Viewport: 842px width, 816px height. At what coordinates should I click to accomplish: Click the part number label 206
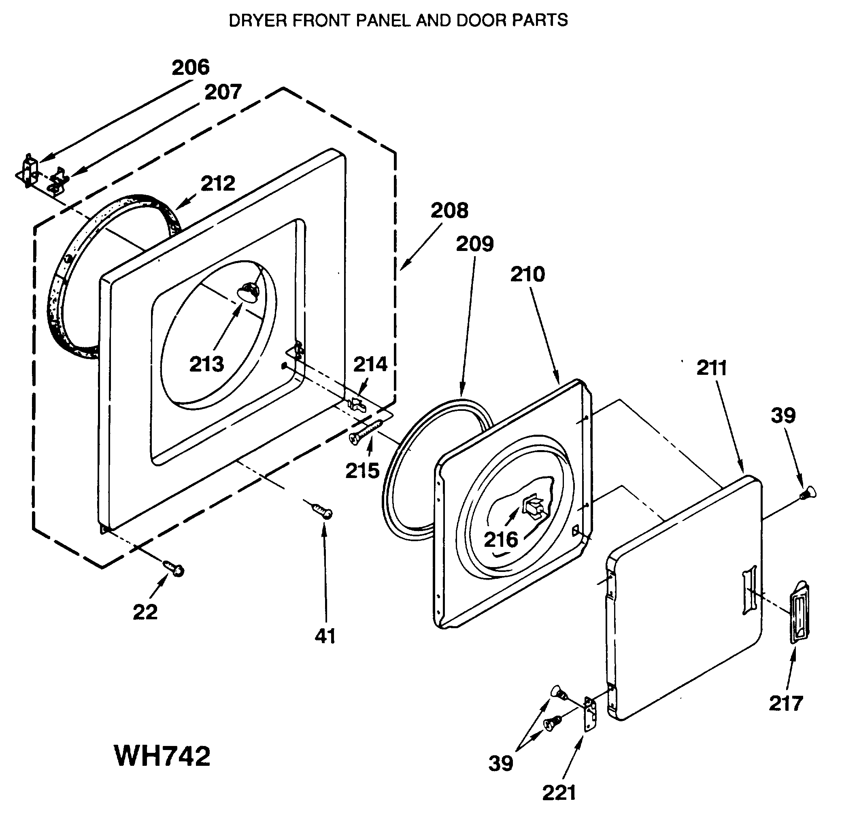point(190,68)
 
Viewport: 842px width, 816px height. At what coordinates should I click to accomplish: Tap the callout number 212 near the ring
point(218,184)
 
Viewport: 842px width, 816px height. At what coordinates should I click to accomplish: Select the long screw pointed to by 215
point(366,430)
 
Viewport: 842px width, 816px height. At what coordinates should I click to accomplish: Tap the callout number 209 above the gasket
point(475,244)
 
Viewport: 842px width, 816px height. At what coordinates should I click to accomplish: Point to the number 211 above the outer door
point(712,368)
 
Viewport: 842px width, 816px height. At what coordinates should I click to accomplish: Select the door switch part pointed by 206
point(29,170)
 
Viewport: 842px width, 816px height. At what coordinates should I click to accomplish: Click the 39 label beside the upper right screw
point(783,415)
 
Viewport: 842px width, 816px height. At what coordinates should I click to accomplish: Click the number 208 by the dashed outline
point(449,210)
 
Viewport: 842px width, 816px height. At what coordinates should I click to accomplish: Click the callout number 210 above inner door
point(527,274)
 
